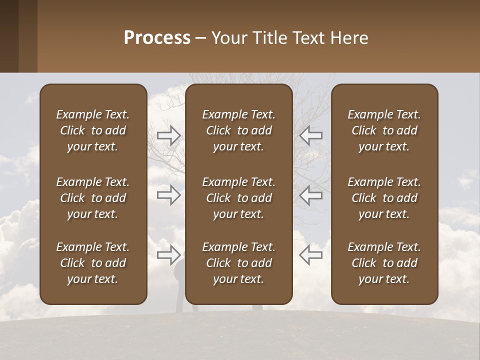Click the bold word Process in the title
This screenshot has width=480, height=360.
157,38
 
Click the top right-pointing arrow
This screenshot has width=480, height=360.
169,135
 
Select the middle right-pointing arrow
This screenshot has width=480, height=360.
169,195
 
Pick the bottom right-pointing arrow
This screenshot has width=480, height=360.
169,254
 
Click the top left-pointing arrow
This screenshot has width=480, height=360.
310,135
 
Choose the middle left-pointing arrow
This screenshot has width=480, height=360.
310,195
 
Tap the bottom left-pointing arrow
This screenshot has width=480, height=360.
310,254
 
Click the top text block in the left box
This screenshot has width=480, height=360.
93,130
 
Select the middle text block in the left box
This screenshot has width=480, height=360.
93,198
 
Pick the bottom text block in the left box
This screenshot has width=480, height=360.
93,263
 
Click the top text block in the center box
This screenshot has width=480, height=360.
238,130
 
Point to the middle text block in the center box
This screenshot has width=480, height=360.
238,198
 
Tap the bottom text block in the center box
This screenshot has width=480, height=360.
238,263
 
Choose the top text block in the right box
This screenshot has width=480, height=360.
384,130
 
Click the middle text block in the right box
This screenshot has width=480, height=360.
384,198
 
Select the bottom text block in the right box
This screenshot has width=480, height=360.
384,263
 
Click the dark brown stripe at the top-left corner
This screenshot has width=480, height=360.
9,36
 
